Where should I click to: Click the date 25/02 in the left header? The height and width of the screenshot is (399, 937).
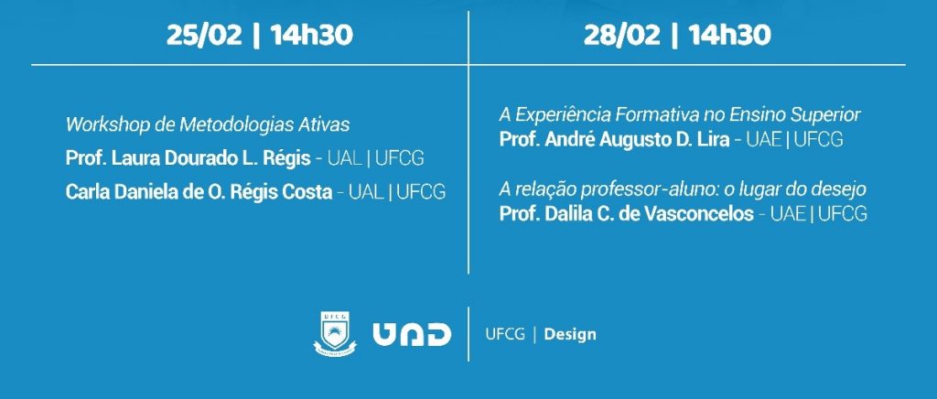point(204,36)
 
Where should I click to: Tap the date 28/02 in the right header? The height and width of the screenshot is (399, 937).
point(622,36)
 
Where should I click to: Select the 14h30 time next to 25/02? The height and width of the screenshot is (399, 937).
point(311,36)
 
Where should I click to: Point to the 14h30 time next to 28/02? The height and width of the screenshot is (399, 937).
point(729,36)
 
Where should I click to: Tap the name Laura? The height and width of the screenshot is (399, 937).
point(132,158)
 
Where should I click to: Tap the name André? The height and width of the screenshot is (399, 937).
point(566,140)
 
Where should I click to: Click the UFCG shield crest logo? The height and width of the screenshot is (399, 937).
point(335,334)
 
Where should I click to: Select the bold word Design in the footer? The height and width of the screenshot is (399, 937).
point(570,335)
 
